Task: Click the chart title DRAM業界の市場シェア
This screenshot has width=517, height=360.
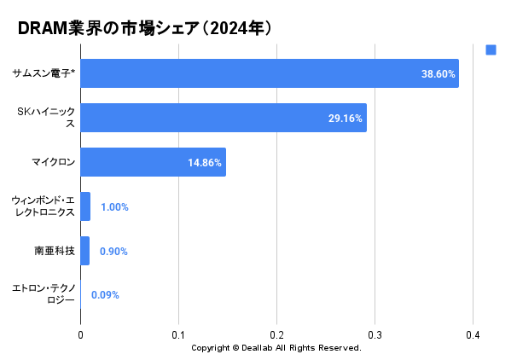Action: coord(144,28)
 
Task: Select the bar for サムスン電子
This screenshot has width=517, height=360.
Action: coord(269,73)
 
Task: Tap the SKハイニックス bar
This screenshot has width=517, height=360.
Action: coord(223,118)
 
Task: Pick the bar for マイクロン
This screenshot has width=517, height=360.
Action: coord(153,162)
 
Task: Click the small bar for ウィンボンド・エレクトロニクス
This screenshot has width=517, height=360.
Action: coord(85,206)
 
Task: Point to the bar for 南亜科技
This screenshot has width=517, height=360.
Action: coord(84,251)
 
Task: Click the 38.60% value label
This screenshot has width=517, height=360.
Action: coord(439,74)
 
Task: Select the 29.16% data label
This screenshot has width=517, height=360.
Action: coord(346,119)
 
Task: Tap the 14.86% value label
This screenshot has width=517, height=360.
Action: coord(205,163)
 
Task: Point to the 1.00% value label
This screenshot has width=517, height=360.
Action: coord(114,207)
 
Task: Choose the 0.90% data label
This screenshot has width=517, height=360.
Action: coord(113,252)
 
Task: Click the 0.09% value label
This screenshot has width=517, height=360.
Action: coord(105,295)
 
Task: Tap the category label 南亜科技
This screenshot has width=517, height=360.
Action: coord(55,251)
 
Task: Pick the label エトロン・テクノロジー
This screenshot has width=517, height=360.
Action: coord(44,295)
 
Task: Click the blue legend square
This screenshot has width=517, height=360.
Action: coord(491,49)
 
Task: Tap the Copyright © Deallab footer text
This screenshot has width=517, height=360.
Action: coord(276,348)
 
